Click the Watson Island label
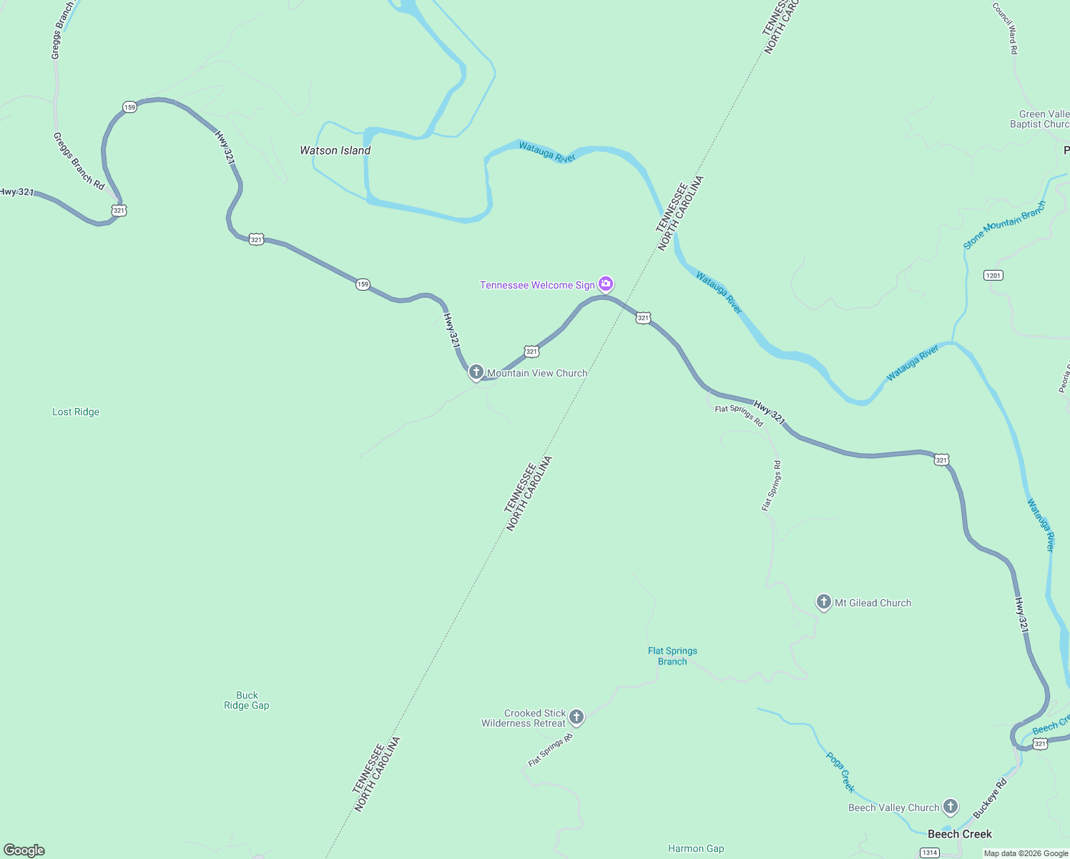tap(335, 150)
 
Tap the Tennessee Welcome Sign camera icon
tap(606, 284)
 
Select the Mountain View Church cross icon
tap(476, 372)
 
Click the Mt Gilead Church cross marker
tap(824, 602)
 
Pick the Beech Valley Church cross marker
tap(951, 807)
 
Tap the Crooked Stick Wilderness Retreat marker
tap(576, 717)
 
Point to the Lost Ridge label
tap(76, 412)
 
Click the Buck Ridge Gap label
tap(247, 700)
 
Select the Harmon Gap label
tap(696, 848)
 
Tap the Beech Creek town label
tap(959, 834)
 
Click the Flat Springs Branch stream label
tap(672, 656)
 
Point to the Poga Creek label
tap(840, 772)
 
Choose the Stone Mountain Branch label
tap(1004, 225)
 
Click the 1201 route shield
tap(993, 275)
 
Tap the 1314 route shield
tap(929, 853)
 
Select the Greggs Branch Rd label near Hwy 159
tap(79, 161)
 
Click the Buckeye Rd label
tap(990, 798)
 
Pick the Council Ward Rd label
tap(1005, 29)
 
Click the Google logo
tap(24, 850)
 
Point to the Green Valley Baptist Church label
tap(1041, 119)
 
